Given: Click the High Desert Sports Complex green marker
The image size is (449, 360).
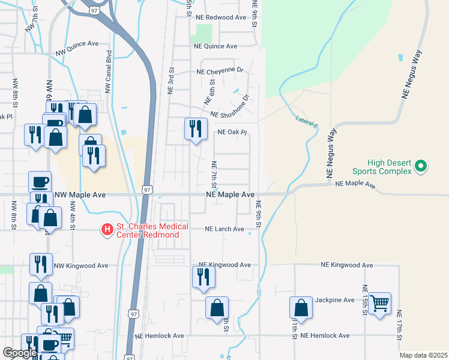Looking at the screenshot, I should pos(421,166).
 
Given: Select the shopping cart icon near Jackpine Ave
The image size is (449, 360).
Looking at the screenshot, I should pos(379,304).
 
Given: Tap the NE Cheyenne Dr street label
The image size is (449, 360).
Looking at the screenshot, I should pos(220,70).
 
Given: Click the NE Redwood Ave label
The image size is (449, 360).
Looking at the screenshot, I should pos(220,17).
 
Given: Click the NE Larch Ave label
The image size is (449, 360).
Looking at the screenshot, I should pos(224,229).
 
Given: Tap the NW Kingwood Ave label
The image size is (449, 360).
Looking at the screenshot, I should pos(81,265).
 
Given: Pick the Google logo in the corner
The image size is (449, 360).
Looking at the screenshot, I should pos(20,352).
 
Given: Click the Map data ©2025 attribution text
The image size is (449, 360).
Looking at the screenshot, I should pos(423,355).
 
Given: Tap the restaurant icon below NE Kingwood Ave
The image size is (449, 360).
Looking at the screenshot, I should pos(203,277).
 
